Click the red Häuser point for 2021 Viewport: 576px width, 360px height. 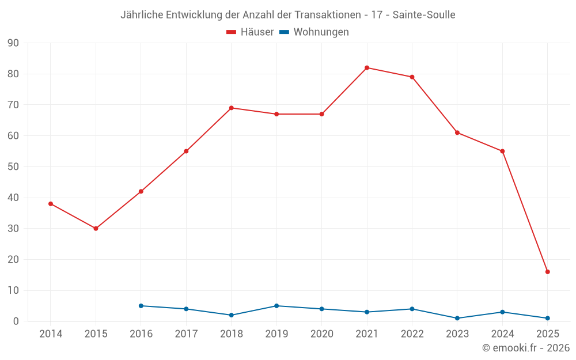(x=367, y=68)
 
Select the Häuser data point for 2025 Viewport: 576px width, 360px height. (x=548, y=272)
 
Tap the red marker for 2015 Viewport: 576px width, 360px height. (x=96, y=229)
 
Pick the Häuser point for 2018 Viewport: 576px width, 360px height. (x=232, y=108)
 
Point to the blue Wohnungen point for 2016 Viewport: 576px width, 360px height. (x=141, y=306)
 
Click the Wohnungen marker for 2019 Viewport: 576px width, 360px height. (x=276, y=306)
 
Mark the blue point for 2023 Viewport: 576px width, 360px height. (x=457, y=318)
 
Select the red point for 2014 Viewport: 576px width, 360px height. (x=51, y=204)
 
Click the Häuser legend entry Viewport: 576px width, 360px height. (x=250, y=32)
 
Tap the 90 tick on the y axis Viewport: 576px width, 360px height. (x=13, y=43)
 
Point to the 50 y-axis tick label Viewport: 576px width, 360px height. (x=13, y=167)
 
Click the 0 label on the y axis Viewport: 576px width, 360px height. (x=16, y=321)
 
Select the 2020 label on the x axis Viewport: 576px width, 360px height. (x=321, y=334)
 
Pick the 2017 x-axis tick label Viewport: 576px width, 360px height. (x=186, y=334)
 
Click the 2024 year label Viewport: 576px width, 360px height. (x=502, y=334)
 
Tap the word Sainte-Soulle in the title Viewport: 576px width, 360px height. (x=424, y=15)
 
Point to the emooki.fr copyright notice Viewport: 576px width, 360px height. (x=526, y=348)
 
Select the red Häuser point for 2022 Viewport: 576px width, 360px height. (x=412, y=77)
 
